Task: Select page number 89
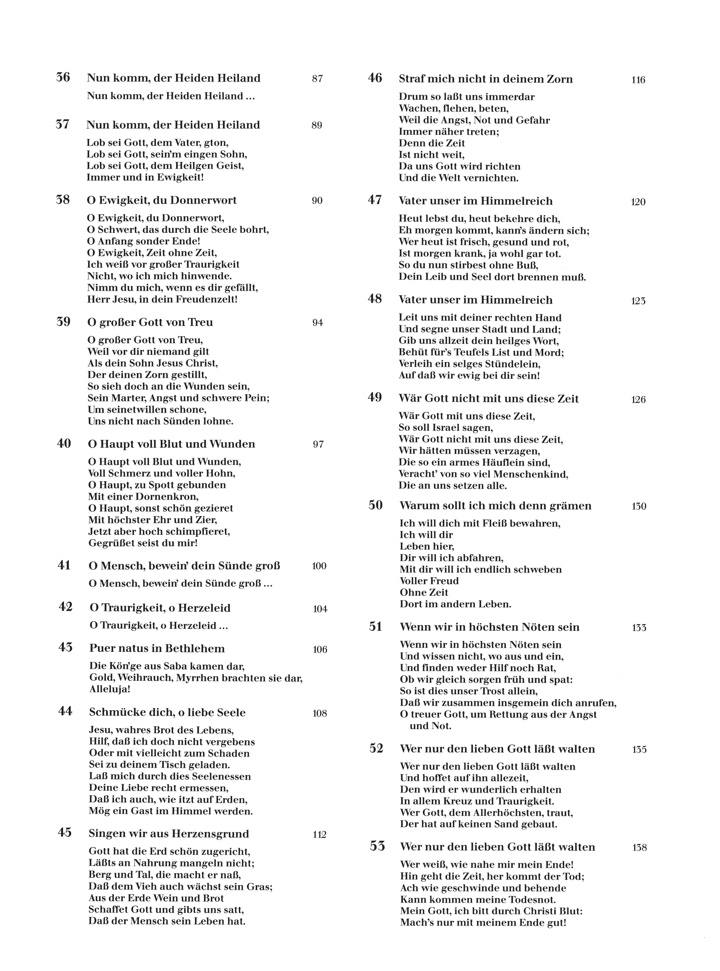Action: tap(317, 125)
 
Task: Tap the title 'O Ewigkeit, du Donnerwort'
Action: tap(162, 200)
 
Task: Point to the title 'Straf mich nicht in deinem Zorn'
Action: tap(486, 79)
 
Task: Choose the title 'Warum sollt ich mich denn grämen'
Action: tap(496, 506)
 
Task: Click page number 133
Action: tap(639, 628)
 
